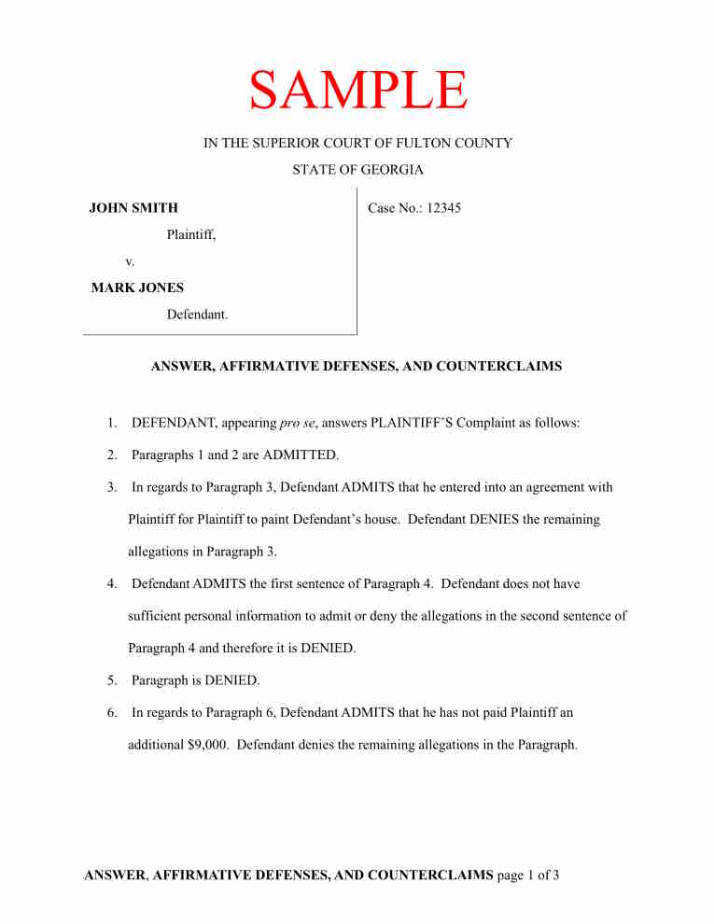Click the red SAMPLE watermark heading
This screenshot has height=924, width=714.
click(x=357, y=91)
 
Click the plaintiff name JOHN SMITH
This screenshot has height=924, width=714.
click(x=133, y=208)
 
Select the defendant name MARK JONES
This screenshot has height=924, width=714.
click(x=137, y=287)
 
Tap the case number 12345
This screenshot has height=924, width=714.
click(x=443, y=208)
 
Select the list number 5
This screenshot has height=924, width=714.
click(x=112, y=680)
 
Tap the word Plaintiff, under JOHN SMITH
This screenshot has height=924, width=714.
click(x=191, y=235)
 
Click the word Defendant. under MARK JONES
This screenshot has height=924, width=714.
click(x=197, y=315)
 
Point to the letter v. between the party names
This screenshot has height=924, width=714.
click(x=130, y=261)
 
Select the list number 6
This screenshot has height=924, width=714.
click(x=112, y=712)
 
